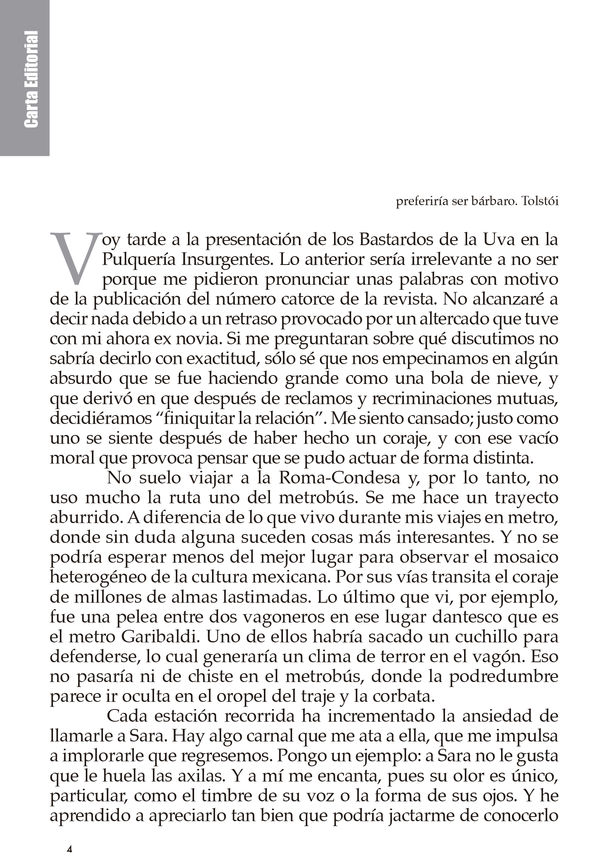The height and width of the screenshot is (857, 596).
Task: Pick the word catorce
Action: tap(312, 300)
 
